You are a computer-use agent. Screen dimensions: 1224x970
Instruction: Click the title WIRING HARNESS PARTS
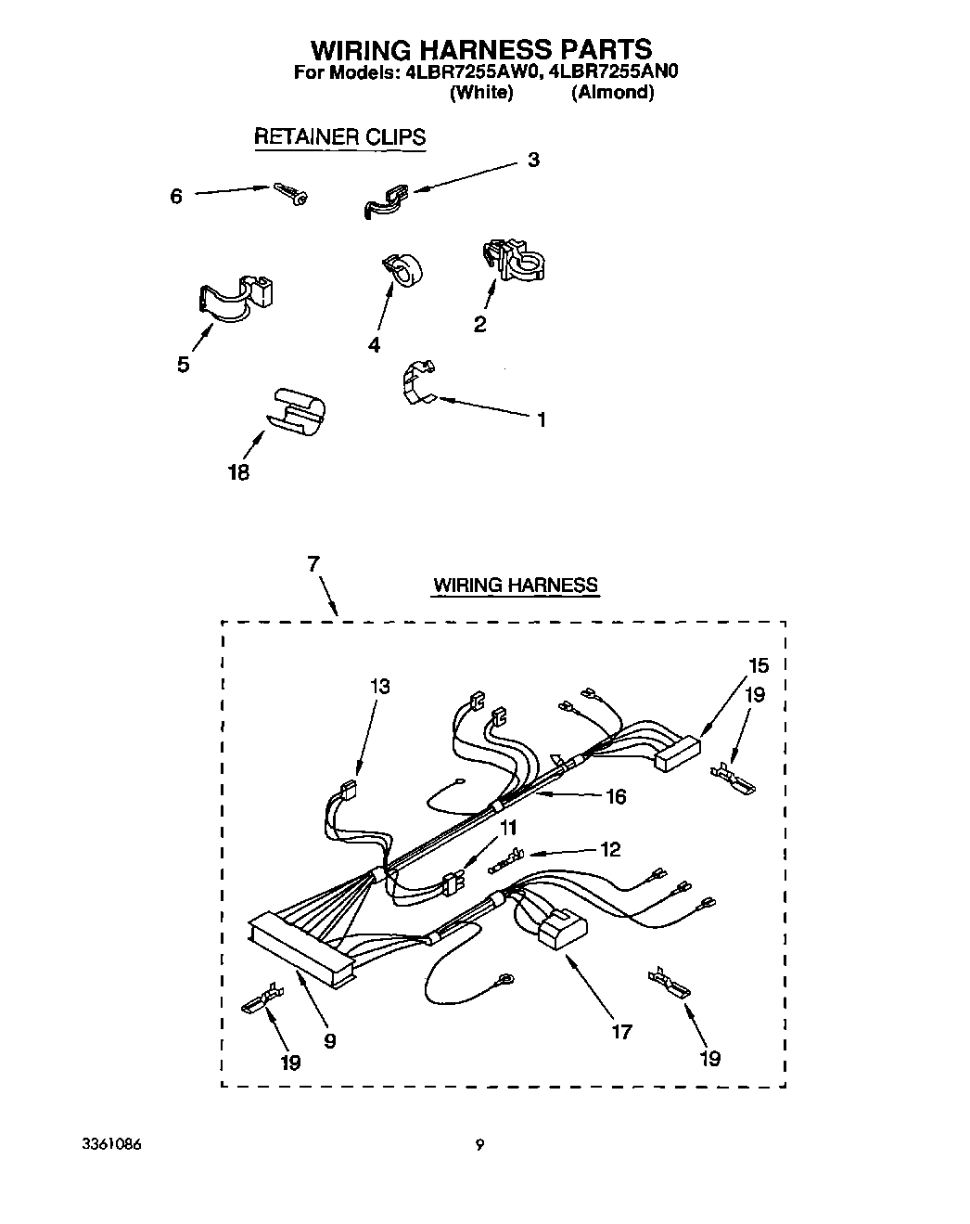[x=480, y=48]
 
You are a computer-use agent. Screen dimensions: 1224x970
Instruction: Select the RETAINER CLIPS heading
[x=339, y=136]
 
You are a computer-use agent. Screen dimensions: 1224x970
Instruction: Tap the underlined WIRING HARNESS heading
[x=515, y=585]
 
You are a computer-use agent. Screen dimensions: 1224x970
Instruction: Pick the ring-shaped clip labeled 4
[x=402, y=269]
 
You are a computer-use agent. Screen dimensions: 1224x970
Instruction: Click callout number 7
[x=313, y=563]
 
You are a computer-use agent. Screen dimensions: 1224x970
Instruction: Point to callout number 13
[x=378, y=687]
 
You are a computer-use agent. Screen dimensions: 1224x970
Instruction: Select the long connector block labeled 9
[x=300, y=945]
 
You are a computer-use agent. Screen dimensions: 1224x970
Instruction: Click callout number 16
[x=615, y=796]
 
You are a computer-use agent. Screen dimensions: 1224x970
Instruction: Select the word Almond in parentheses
[x=612, y=92]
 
